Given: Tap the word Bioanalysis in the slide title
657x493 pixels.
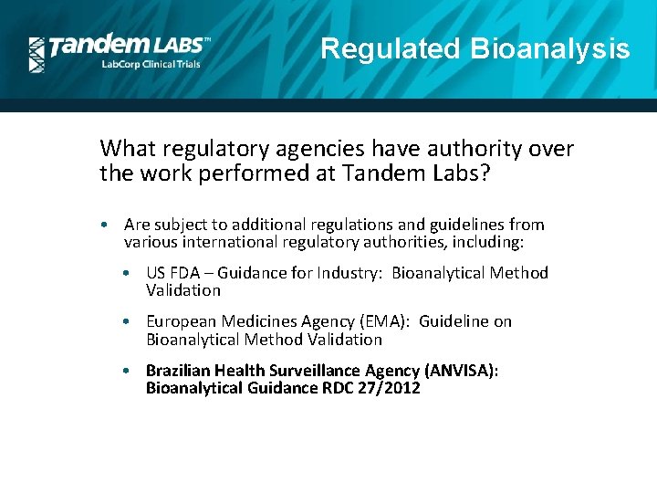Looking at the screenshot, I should pos(549,48).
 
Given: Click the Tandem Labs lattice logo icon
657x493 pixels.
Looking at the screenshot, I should pos(36,55).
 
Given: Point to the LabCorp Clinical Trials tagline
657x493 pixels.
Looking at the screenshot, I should pos(150,63).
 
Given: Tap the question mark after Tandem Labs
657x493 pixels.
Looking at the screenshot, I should pos(485,173).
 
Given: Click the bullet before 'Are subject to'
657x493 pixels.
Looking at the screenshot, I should pos(107,225).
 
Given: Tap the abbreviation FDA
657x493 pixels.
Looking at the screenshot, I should pos(190,273).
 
